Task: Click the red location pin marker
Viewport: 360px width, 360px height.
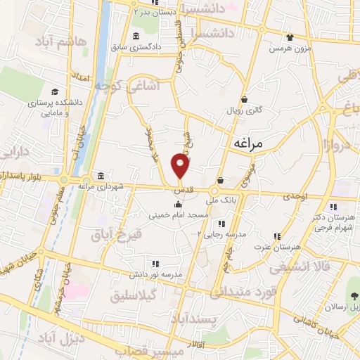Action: tap(181, 167)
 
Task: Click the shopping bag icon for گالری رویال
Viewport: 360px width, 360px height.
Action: tap(244, 99)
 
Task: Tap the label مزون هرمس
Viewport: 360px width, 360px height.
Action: tap(289, 49)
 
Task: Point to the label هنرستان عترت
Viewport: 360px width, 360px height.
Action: tap(281, 247)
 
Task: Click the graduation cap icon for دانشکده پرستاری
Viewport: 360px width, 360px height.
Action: tap(54, 91)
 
